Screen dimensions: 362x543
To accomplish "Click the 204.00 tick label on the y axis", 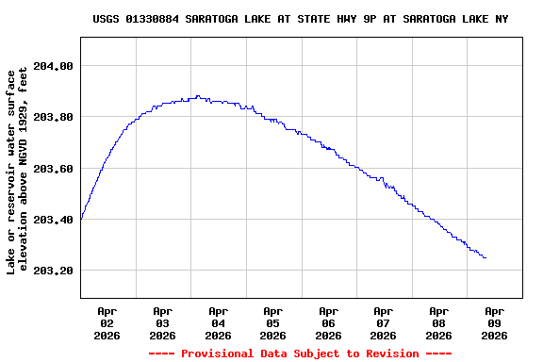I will (x=54, y=66).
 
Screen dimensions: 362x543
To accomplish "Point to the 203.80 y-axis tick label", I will (x=54, y=117).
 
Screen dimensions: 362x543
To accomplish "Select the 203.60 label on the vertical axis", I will (x=54, y=169).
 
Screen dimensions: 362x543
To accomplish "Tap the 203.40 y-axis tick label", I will (x=54, y=220).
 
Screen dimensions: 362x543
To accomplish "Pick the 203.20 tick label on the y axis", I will (x=54, y=271).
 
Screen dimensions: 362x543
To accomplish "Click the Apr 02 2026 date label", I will (x=107, y=322).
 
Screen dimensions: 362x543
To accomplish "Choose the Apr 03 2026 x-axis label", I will (x=163, y=322).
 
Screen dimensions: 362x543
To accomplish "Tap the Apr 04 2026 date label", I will (x=218, y=322).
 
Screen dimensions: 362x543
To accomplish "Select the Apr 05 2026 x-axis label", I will (x=273, y=322).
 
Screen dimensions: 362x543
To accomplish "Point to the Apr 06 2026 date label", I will (x=328, y=322).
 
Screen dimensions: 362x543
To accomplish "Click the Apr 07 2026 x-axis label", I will (x=384, y=322).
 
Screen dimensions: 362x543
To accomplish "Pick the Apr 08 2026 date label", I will (x=438, y=322).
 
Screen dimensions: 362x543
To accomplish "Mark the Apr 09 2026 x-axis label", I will (x=494, y=322).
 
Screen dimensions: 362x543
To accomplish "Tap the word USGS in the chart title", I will (x=107, y=19).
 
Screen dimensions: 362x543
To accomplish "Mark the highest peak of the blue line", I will (x=197, y=96).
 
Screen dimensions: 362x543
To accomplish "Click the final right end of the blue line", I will (x=485, y=257).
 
